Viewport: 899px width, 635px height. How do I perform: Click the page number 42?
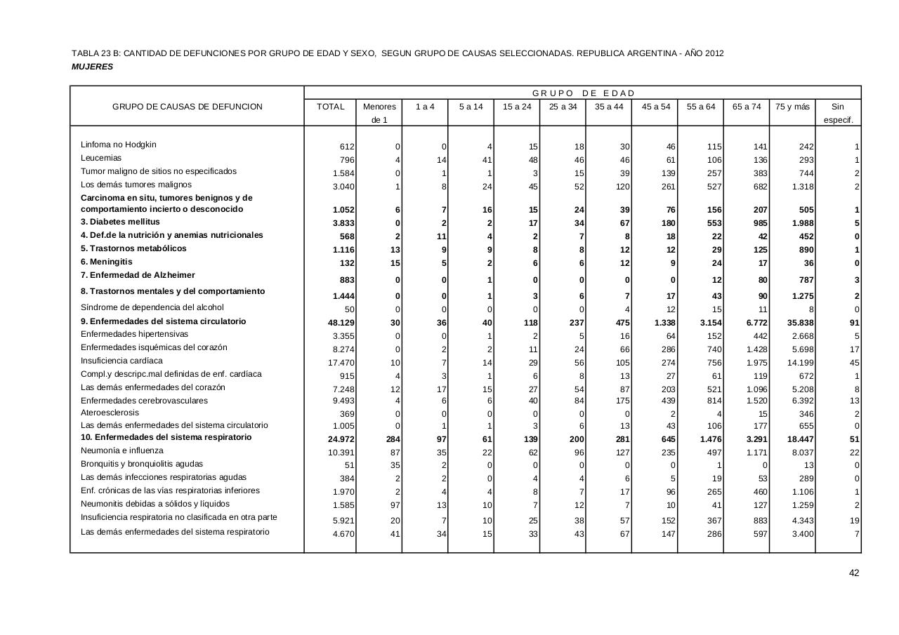tap(854, 573)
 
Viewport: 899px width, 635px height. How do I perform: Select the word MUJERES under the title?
tap(92, 67)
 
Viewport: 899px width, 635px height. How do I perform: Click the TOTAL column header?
tap(331, 107)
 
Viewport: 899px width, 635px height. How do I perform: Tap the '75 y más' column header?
tap(792, 107)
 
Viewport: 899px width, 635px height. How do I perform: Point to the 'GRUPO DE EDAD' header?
tap(583, 93)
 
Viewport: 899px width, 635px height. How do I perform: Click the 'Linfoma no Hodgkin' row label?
tap(119, 145)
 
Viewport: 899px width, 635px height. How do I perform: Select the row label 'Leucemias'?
tap(101, 158)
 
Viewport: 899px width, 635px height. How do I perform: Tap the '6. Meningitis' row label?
tap(106, 262)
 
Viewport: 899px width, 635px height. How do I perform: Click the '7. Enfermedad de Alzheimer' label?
tap(138, 275)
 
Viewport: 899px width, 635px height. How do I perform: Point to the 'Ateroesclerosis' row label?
tap(110, 413)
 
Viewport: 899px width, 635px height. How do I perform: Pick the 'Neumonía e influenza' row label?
tap(122, 450)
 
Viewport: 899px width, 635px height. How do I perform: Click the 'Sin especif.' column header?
tap(838, 113)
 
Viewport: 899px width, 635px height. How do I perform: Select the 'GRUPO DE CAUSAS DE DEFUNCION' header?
tap(188, 107)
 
